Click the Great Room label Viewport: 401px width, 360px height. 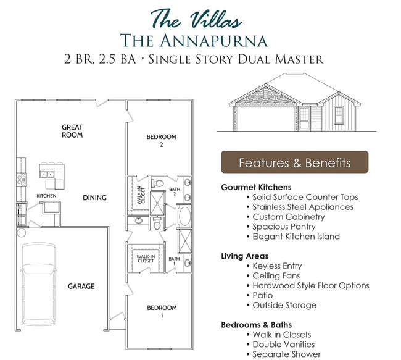(x=72, y=131)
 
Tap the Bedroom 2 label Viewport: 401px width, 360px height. (x=161, y=141)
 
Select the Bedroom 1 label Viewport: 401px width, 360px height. (x=161, y=311)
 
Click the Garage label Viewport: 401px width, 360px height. (x=81, y=286)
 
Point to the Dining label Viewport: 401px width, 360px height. (x=95, y=198)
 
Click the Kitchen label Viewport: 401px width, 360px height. (x=46, y=196)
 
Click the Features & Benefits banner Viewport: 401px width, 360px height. (x=294, y=163)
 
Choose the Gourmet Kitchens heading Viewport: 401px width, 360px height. (x=256, y=187)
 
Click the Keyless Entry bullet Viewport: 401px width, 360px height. (x=277, y=266)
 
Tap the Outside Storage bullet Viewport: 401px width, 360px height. (x=284, y=305)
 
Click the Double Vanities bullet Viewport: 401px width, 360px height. (x=284, y=344)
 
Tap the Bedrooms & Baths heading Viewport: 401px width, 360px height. (x=257, y=324)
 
